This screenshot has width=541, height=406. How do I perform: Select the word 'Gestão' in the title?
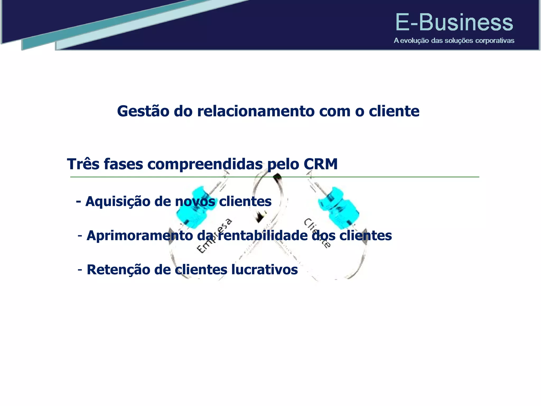(x=143, y=111)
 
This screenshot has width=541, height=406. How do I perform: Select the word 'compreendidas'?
(x=205, y=164)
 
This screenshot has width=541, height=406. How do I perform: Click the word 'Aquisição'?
(x=118, y=201)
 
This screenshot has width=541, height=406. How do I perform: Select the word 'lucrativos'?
(x=264, y=270)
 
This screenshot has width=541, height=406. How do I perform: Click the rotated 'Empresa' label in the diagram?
(x=214, y=236)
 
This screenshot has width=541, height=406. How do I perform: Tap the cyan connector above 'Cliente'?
(x=338, y=208)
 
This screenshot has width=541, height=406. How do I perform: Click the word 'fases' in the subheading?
(x=123, y=164)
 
